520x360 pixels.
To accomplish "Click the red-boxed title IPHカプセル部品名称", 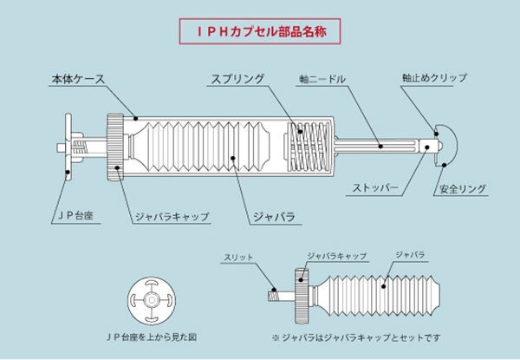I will click(259, 32).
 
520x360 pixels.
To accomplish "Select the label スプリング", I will click(237, 80).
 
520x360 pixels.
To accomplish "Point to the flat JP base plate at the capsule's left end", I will click(68, 147).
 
